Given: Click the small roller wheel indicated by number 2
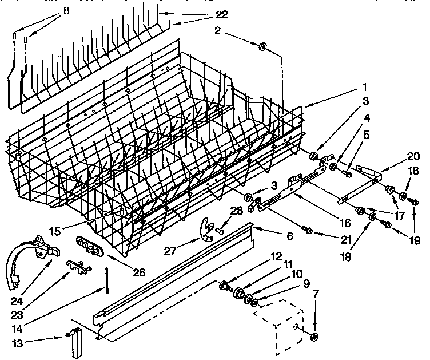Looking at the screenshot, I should (263, 46).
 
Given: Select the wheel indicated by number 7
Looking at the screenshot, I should (316, 335).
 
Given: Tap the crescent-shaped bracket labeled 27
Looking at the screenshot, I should (203, 230).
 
